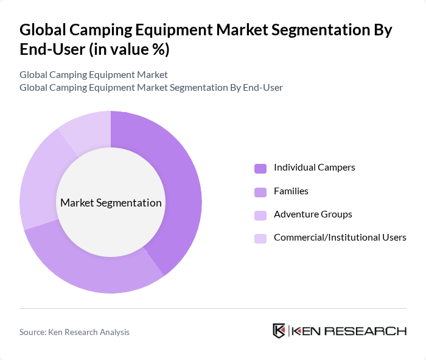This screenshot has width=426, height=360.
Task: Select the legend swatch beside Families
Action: click(x=260, y=192)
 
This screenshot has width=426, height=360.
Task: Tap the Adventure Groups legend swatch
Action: click(x=260, y=215)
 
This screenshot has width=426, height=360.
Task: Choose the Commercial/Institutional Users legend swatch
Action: click(x=260, y=238)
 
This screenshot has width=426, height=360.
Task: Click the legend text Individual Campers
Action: click(x=314, y=168)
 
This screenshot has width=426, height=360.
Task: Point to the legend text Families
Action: click(x=291, y=191)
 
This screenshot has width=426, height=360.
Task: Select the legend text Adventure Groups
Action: click(x=313, y=214)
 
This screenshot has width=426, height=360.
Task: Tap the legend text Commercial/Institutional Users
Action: click(x=340, y=238)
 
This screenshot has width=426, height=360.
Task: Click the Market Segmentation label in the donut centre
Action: click(x=111, y=203)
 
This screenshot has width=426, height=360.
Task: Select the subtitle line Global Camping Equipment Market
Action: click(x=93, y=75)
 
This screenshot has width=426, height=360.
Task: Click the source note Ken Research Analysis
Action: click(x=74, y=332)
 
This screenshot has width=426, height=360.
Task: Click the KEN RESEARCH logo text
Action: click(x=348, y=331)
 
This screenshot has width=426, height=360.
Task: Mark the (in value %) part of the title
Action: click(x=129, y=50)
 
